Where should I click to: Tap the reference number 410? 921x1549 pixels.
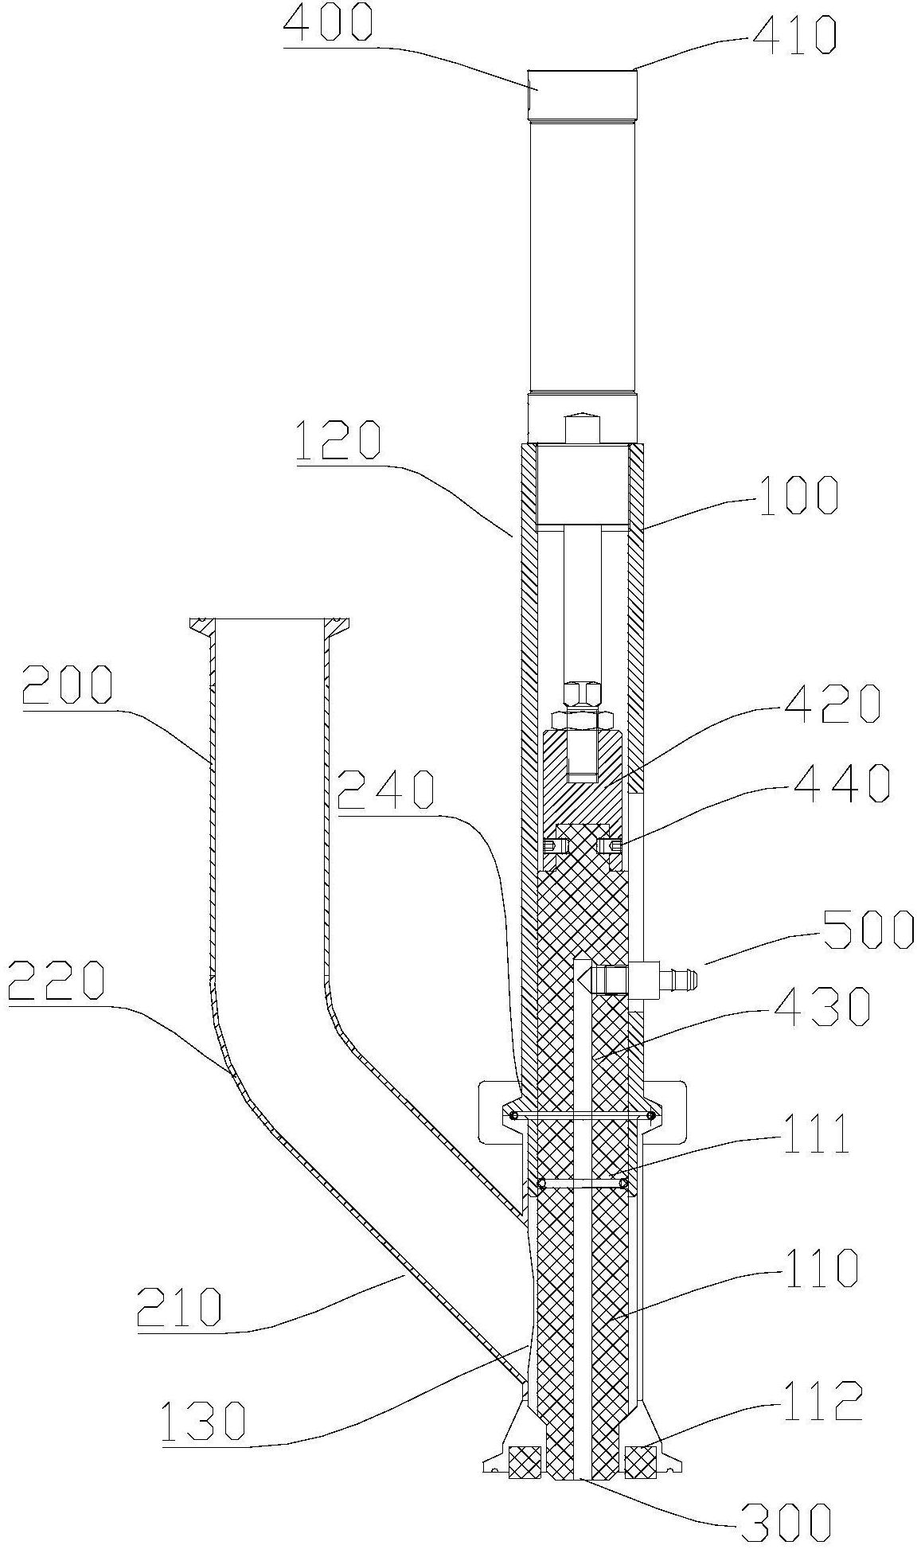tap(791, 35)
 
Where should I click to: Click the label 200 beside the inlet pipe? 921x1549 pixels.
tap(68, 685)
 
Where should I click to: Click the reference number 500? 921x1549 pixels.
tap(869, 929)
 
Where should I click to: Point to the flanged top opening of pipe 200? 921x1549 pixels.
tap(271, 626)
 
